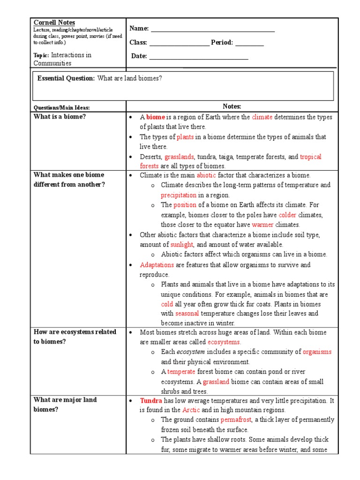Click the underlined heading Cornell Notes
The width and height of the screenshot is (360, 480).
point(54,22)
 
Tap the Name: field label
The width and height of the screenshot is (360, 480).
point(139,29)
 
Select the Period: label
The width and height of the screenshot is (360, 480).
point(222,43)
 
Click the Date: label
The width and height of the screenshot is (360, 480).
point(139,56)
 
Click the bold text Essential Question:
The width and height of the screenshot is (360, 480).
point(66,78)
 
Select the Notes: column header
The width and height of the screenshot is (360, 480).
point(232,107)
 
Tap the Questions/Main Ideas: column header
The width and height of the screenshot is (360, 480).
point(61,108)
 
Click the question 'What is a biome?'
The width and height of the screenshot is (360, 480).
point(60,117)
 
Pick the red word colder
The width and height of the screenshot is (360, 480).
point(288,215)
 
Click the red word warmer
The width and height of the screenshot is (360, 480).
point(262,225)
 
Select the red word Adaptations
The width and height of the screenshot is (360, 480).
point(157,265)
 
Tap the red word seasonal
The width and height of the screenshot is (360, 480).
point(187,313)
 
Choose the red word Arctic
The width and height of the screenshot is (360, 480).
point(191,410)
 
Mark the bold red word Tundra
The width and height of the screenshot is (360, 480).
point(151,400)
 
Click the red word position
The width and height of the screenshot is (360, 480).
point(185,205)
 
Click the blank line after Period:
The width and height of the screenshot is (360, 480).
point(249,45)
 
